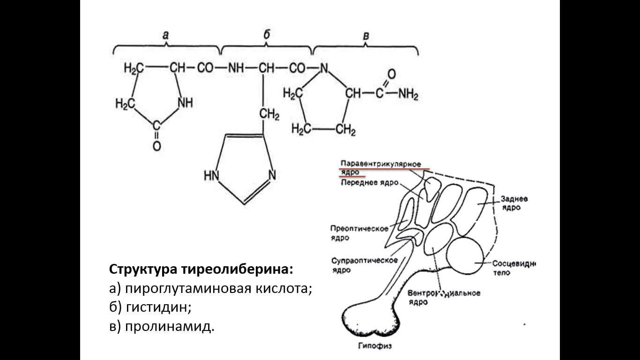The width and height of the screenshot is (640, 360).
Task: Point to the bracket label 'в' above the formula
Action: pyautogui.click(x=366, y=36)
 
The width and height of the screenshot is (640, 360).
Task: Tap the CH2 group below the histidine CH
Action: pyautogui.click(x=269, y=114)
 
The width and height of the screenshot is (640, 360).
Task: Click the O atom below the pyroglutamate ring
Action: pyautogui.click(x=156, y=146)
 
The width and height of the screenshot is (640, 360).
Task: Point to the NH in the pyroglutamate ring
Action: pyautogui.click(x=185, y=103)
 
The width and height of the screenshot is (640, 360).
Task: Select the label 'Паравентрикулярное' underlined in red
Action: pyautogui.click(x=378, y=163)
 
